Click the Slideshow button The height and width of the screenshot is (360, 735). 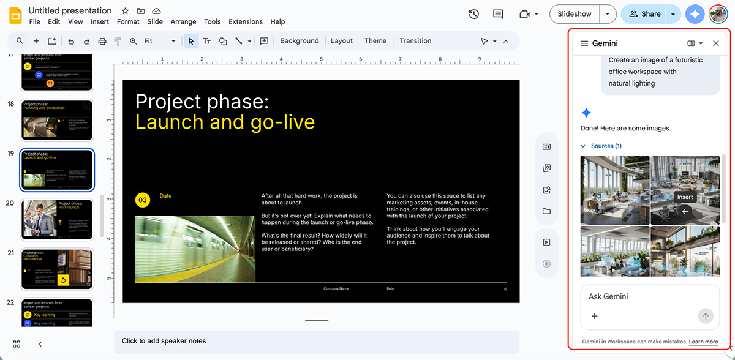[x=575, y=14]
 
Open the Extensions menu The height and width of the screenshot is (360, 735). [x=245, y=22]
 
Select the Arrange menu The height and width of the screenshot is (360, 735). [x=183, y=22]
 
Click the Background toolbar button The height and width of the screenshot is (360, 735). [x=299, y=41]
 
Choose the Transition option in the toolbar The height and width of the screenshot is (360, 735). [x=415, y=41]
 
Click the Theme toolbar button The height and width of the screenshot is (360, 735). [x=375, y=41]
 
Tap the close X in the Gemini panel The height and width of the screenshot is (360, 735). [x=716, y=43]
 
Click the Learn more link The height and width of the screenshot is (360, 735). [x=703, y=342]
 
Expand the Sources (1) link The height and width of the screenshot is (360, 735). [x=605, y=146]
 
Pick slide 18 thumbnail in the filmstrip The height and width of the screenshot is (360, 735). [x=57, y=120]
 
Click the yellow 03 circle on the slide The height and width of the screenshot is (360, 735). [x=143, y=200]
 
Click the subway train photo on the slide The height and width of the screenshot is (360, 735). [x=195, y=249]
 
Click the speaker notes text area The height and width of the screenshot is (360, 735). [x=316, y=341]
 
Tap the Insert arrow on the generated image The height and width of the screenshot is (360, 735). [x=685, y=211]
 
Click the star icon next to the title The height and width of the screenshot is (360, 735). [x=125, y=11]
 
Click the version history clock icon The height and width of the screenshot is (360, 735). [x=473, y=14]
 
